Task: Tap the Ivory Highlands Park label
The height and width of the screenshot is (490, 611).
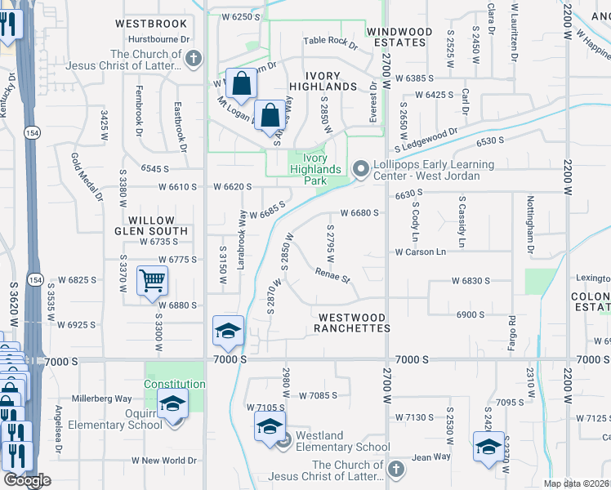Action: point(315,169)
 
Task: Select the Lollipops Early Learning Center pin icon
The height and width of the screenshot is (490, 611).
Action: point(360,169)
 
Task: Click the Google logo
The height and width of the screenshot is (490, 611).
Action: point(27,480)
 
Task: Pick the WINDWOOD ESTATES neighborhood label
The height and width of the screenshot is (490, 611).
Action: point(399,38)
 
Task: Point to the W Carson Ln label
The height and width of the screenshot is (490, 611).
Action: point(421,252)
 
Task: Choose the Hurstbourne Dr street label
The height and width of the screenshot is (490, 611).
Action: point(159,39)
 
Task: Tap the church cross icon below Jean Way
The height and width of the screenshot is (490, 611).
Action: point(395,470)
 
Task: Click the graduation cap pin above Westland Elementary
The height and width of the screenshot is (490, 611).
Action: point(270,427)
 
